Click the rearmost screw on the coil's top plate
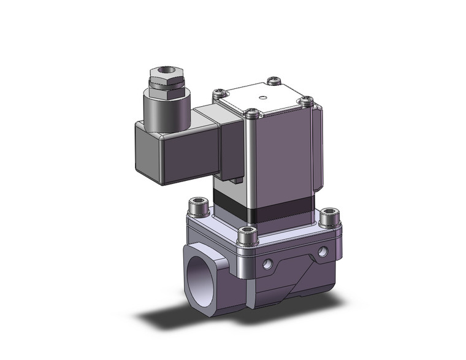click(274, 80)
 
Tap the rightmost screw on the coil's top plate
click(307, 99)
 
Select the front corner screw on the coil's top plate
click(251, 113)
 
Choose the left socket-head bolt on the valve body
click(197, 206)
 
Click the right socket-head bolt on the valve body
click(328, 216)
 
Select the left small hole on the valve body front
click(268, 264)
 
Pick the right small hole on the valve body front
click(323, 251)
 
